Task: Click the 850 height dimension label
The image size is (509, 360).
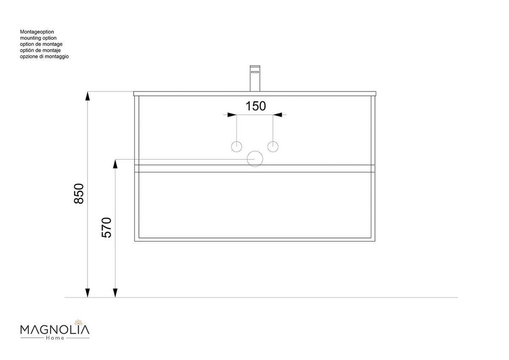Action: [x=79, y=194]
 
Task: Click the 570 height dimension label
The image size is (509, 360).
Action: [x=107, y=227]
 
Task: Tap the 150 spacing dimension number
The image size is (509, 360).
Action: [x=256, y=106]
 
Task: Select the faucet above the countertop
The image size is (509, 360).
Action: [x=255, y=78]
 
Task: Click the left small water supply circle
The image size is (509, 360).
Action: [x=236, y=147]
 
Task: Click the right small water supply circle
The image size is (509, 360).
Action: [x=273, y=147]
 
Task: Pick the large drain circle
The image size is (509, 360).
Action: [x=255, y=159]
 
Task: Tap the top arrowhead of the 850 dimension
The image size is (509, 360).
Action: [x=87, y=96]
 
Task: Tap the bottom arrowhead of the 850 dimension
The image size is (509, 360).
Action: [x=87, y=293]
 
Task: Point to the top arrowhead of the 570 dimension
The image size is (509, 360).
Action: [x=115, y=164]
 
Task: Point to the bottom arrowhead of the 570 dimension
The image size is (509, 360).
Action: [x=115, y=293]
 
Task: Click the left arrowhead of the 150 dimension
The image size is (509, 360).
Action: [x=231, y=114]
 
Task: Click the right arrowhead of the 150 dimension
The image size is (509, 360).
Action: [x=277, y=114]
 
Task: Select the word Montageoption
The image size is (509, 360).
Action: [x=37, y=32]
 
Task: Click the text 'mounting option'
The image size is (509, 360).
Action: [x=38, y=38]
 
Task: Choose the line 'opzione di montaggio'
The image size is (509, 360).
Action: [x=44, y=56]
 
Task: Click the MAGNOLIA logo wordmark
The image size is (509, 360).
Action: [x=55, y=329]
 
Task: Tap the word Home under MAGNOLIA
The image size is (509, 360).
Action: [x=55, y=338]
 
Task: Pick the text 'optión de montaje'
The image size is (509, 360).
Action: [x=41, y=50]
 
